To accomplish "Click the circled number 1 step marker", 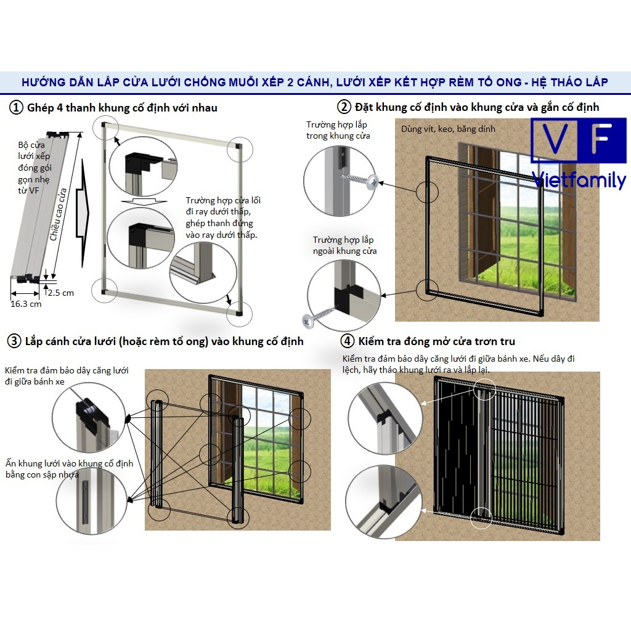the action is (16, 108).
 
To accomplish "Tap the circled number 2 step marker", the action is (344, 107).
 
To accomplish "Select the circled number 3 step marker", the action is (14, 341).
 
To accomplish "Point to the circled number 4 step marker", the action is (348, 341).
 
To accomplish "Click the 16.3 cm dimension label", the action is (26, 304).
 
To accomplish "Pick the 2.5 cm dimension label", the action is (61, 293).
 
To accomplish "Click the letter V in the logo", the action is (555, 139).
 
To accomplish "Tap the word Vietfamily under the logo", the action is (579, 180).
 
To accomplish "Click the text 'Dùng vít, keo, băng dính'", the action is (448, 129).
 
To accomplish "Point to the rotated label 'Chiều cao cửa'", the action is (58, 215).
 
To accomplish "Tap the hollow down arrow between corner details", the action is (144, 202).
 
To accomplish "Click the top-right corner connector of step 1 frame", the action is (239, 147).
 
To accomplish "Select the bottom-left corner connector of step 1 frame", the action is (104, 291).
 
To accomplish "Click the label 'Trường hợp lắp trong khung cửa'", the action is (338, 130).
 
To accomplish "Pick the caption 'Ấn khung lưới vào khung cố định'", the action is (69, 463).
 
